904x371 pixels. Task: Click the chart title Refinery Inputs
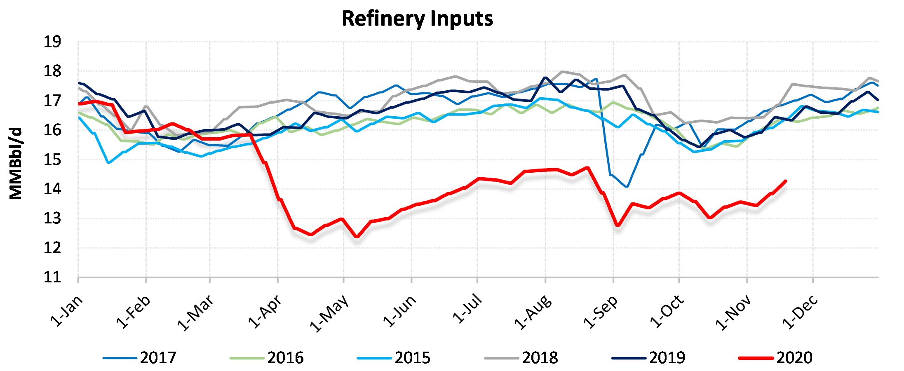pos(417,19)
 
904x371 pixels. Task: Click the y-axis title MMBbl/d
pos(16,164)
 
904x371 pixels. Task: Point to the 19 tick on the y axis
pos(52,42)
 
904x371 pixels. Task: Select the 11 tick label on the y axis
pos(52,277)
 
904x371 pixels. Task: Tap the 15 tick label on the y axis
pos(52,160)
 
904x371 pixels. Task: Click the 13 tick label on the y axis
pos(52,218)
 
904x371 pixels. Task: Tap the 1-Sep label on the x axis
pos(601,312)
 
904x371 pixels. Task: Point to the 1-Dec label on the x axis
pos(800,312)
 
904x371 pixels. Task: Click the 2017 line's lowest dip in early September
pos(627,187)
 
